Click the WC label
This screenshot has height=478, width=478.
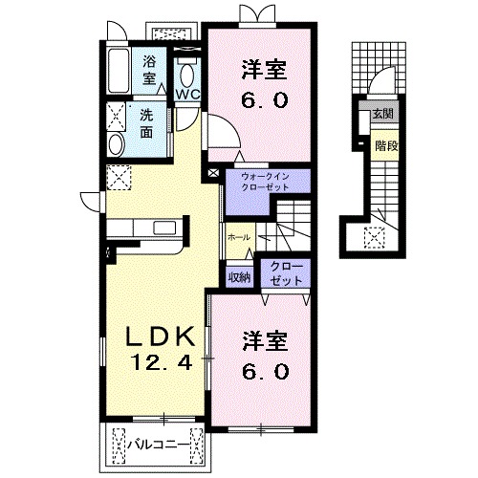(188, 95)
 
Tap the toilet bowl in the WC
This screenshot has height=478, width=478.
(187, 76)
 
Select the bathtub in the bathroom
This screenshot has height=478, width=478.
(119, 72)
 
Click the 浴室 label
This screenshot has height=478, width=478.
(149, 70)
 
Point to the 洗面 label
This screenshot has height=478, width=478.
(146, 124)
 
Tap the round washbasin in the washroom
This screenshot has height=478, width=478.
(116, 144)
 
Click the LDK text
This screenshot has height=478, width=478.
(161, 337)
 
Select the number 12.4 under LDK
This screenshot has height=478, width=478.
(162, 362)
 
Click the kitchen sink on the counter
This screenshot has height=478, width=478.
(164, 228)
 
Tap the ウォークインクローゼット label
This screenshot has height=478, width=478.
(265, 182)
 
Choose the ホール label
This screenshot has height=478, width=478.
(239, 237)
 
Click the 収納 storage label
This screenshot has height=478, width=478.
(239, 278)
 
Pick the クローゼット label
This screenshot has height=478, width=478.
(286, 273)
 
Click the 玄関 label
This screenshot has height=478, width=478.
(383, 114)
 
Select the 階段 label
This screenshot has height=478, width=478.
(386, 146)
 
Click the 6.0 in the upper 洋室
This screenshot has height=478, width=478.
(265, 100)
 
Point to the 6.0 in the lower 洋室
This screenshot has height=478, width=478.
(266, 372)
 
